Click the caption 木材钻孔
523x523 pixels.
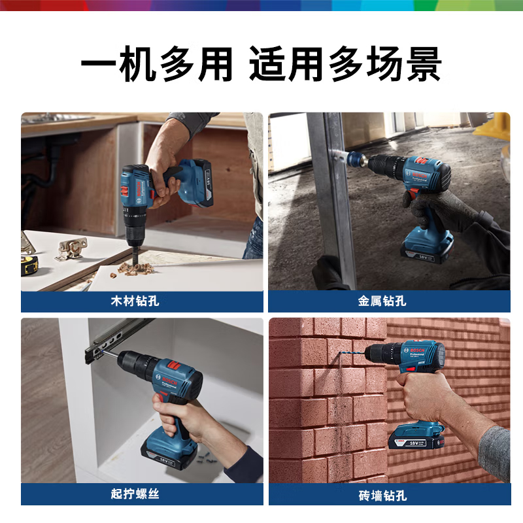point(135,301)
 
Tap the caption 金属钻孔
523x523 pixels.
point(382,301)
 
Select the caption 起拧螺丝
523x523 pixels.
point(135,494)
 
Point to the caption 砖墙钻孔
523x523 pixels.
point(382,495)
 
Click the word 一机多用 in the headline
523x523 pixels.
point(157,66)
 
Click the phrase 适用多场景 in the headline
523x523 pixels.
point(345,66)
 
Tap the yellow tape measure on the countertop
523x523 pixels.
point(29,264)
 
